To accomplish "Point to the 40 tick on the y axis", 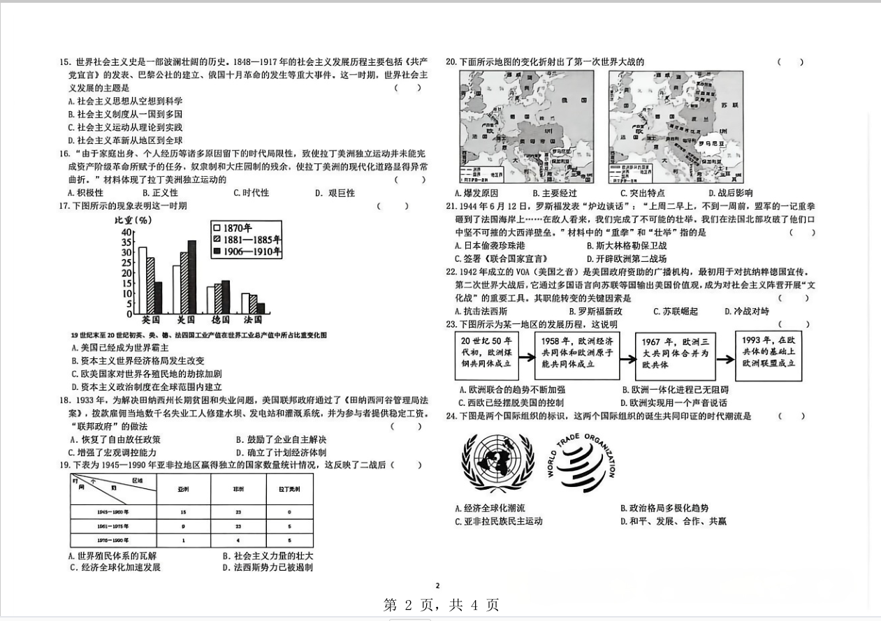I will coord(126,233).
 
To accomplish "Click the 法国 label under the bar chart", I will coord(252,319).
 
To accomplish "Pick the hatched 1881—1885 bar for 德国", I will coord(218,298).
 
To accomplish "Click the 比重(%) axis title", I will coord(133,220).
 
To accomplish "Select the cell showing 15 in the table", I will coord(183,512).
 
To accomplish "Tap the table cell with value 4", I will coord(238,540).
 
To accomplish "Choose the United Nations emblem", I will coord(497,462).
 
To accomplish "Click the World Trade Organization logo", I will coord(581,460).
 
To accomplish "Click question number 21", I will coord(451,206).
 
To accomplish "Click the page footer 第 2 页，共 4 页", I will coord(441,606).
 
